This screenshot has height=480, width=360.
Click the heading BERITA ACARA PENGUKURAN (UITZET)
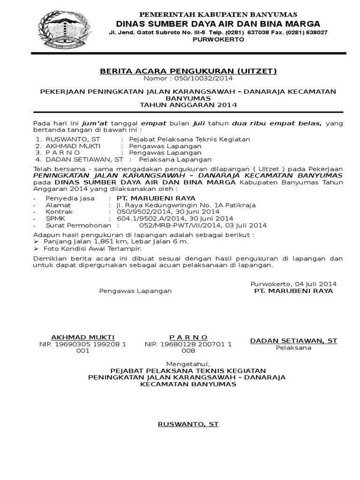188,71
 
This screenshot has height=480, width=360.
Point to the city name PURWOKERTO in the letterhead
218,39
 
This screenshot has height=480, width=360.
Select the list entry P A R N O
62,152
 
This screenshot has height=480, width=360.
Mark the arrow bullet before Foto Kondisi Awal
36,248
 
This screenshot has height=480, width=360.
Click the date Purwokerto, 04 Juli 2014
293,284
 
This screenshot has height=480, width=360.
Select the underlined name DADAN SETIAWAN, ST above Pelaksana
293,341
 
